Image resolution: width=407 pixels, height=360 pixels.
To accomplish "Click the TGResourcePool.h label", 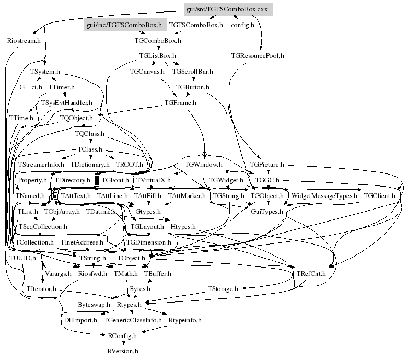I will point(258,55).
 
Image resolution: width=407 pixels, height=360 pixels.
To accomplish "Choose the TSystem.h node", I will point(45,71).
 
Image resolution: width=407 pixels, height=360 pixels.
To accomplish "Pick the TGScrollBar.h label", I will point(192,71).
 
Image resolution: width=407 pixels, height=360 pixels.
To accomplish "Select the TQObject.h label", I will point(76,118).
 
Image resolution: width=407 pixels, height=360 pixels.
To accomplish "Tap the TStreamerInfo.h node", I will point(40,164).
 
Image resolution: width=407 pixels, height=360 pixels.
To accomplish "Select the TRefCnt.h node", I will point(311,273).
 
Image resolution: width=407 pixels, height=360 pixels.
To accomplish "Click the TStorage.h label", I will point(223,288).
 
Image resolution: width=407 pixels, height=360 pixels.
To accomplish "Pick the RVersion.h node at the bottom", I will point(123,351).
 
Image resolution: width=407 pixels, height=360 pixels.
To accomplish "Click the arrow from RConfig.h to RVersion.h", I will point(123,343).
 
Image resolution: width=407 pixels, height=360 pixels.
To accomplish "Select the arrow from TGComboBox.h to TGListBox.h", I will point(157,48).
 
